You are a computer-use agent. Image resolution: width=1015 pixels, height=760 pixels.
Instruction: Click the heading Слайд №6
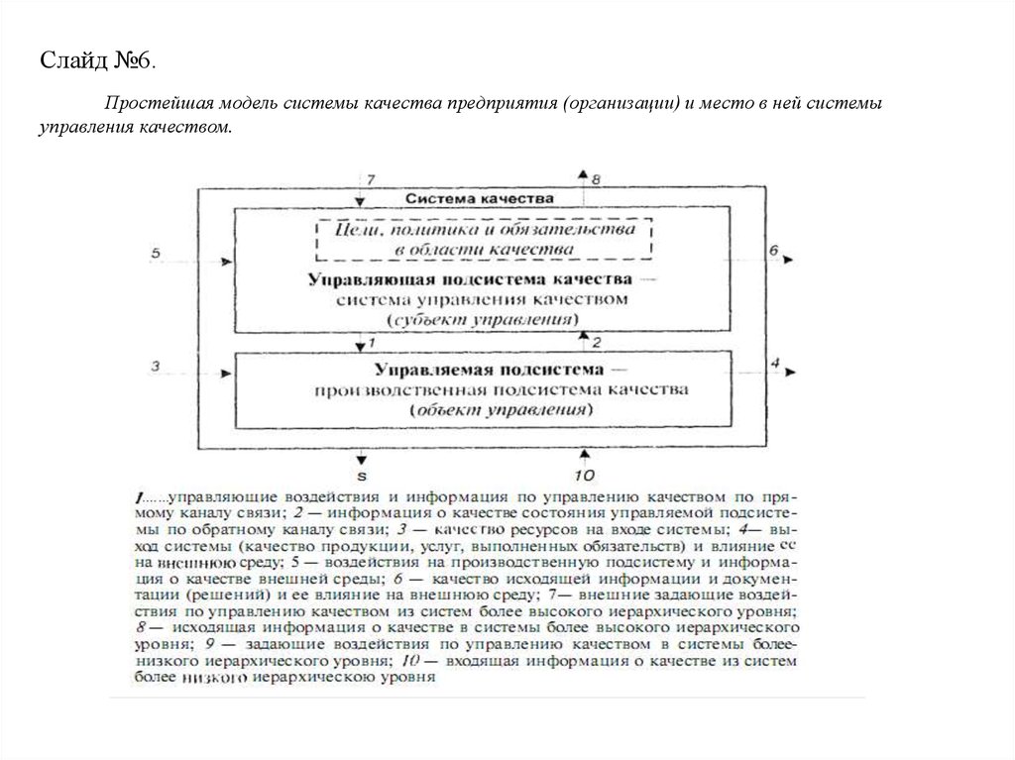pos(97,61)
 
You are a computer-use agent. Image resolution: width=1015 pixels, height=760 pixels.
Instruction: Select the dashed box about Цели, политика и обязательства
pos(484,238)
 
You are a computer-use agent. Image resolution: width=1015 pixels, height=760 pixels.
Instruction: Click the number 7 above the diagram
pos(371,180)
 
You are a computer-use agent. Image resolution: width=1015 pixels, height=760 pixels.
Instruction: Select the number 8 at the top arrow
pos(596,180)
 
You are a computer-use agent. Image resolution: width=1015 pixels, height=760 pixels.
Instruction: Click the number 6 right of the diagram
pos(774,251)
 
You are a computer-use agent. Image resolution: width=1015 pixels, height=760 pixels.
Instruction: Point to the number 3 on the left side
pos(156,366)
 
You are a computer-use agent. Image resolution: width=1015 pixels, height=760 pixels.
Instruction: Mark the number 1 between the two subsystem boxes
pos(370,343)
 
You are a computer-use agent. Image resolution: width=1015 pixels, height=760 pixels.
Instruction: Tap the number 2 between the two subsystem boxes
pos(596,343)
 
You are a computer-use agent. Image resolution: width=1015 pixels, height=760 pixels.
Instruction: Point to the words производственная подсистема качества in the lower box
pos(501,389)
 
